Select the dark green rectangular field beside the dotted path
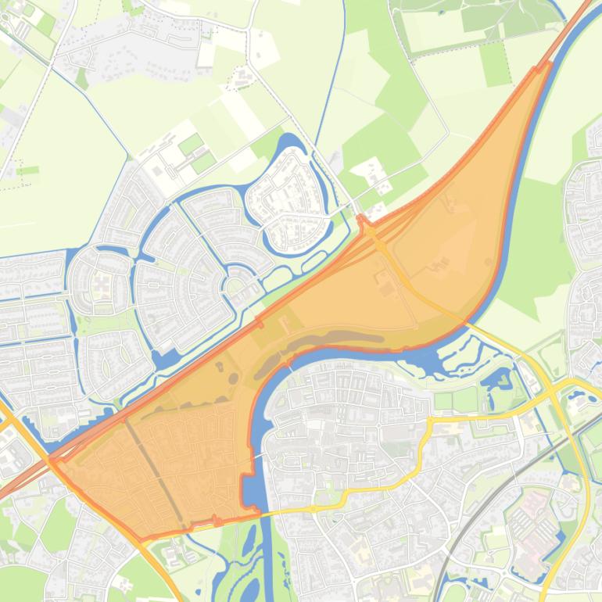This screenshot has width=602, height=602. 494,63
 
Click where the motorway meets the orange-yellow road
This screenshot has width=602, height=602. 53,461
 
